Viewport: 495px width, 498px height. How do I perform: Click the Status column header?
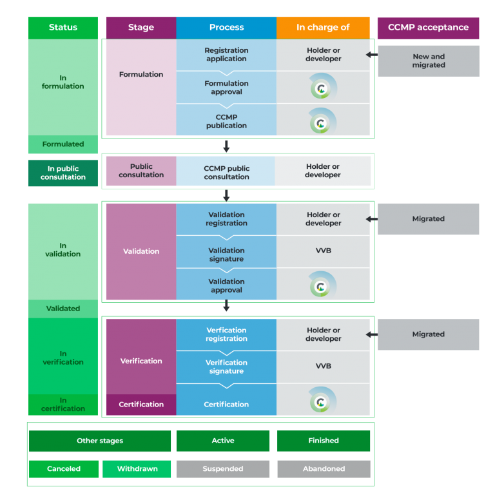tap(63, 28)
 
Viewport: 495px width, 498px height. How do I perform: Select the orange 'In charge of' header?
tap(323, 28)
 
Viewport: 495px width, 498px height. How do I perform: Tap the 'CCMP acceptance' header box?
tap(428, 28)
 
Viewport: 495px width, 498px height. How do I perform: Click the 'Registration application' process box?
tap(226, 55)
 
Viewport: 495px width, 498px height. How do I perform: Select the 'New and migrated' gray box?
tap(429, 61)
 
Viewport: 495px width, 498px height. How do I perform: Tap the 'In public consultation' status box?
tap(63, 173)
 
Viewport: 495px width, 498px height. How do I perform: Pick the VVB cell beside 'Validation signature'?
tap(323, 251)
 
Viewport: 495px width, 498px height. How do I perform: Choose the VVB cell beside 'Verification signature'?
tap(323, 366)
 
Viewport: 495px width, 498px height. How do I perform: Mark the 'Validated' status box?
tap(63, 309)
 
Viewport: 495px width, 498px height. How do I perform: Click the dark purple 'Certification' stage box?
tap(141, 405)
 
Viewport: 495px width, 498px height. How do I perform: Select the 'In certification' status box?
tap(63, 405)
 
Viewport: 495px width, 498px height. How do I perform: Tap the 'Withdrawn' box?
tap(137, 469)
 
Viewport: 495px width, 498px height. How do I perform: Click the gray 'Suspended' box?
tap(223, 469)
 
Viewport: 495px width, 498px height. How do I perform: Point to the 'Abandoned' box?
tap(324, 469)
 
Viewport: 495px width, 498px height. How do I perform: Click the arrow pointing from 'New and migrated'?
tap(372, 55)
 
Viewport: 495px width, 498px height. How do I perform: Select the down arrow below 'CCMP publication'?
tap(226, 146)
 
